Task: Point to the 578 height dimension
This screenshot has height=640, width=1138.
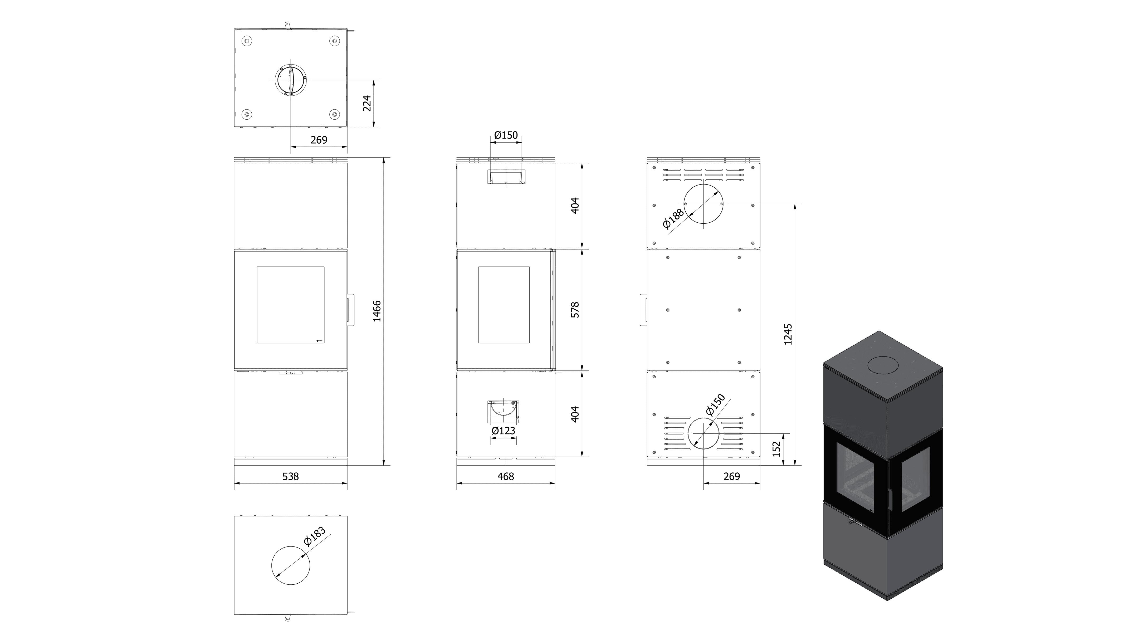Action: click(575, 310)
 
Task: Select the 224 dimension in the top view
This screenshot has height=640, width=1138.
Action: click(367, 103)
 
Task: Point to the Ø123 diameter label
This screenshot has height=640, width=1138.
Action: click(504, 431)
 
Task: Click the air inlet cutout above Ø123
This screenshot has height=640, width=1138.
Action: click(503, 412)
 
